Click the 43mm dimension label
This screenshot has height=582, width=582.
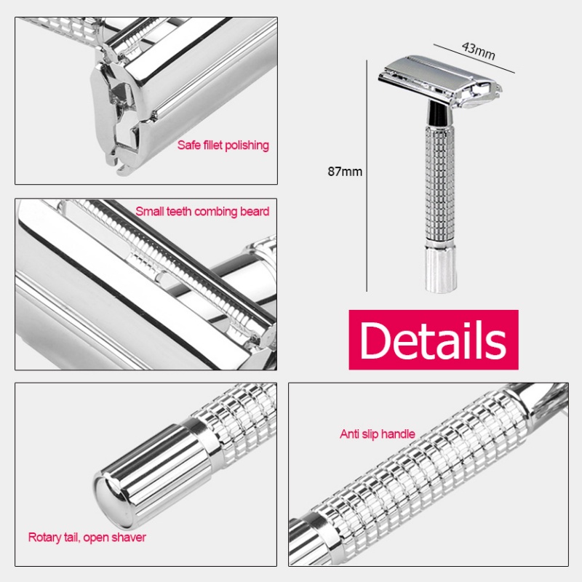click(479, 51)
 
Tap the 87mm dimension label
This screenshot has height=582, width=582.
click(345, 172)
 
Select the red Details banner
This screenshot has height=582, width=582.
click(434, 340)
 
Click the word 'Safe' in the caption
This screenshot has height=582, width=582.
click(186, 145)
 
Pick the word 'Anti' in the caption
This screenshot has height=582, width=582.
click(348, 434)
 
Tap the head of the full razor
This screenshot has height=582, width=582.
click(440, 81)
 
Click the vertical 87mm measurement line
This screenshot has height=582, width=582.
click(367, 175)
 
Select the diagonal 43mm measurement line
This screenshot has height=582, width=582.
click(474, 59)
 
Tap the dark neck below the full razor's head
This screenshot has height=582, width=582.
click(439, 113)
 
